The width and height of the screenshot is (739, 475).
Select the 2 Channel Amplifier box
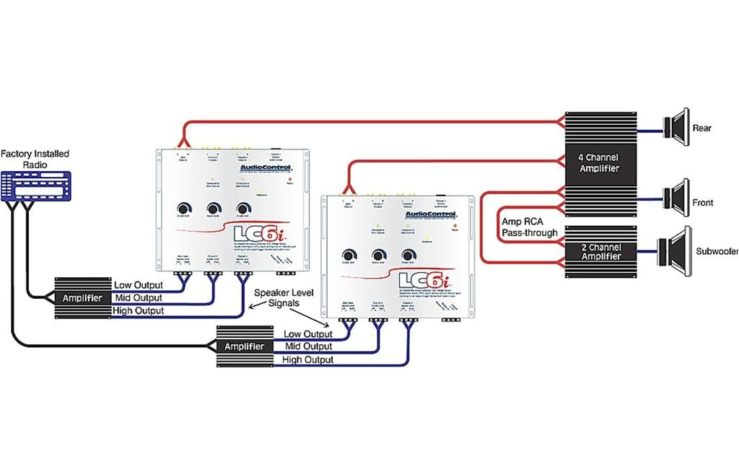[x=601, y=252]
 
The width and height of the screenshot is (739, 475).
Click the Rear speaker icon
[x=678, y=128]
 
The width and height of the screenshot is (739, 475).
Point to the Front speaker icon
[x=678, y=197]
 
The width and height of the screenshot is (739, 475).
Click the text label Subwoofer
[x=717, y=252]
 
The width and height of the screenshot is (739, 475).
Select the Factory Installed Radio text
[x=35, y=159]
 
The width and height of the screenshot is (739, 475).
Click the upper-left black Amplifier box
[x=82, y=297]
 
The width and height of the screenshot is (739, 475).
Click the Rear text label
[x=701, y=128]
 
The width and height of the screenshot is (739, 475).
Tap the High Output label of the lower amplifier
[x=307, y=359]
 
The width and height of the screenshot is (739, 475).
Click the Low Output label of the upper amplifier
[x=139, y=285]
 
